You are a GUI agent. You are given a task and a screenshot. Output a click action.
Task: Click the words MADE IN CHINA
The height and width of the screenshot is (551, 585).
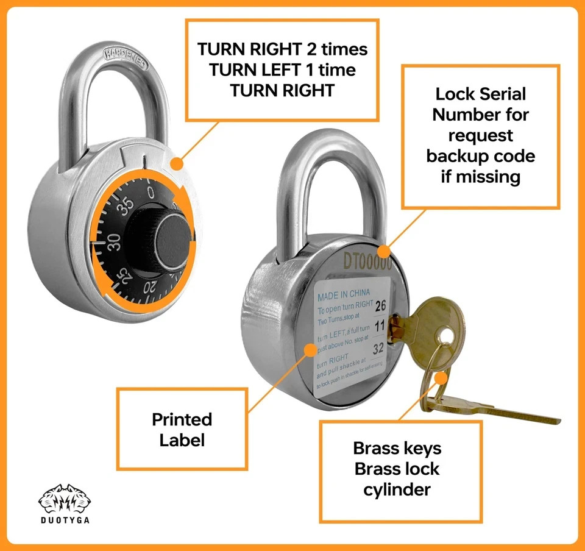point(344,293)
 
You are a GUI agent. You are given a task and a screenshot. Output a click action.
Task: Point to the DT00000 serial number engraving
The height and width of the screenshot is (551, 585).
point(367,261)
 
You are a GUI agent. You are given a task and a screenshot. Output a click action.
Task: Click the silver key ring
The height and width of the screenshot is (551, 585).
point(434,378)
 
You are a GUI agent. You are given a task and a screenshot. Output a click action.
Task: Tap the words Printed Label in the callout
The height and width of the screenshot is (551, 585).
point(182,429)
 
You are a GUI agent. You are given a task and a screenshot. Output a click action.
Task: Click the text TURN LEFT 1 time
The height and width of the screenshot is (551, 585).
point(282,69)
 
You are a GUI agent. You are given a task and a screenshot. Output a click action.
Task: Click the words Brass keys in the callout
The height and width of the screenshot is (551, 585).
point(397,449)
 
